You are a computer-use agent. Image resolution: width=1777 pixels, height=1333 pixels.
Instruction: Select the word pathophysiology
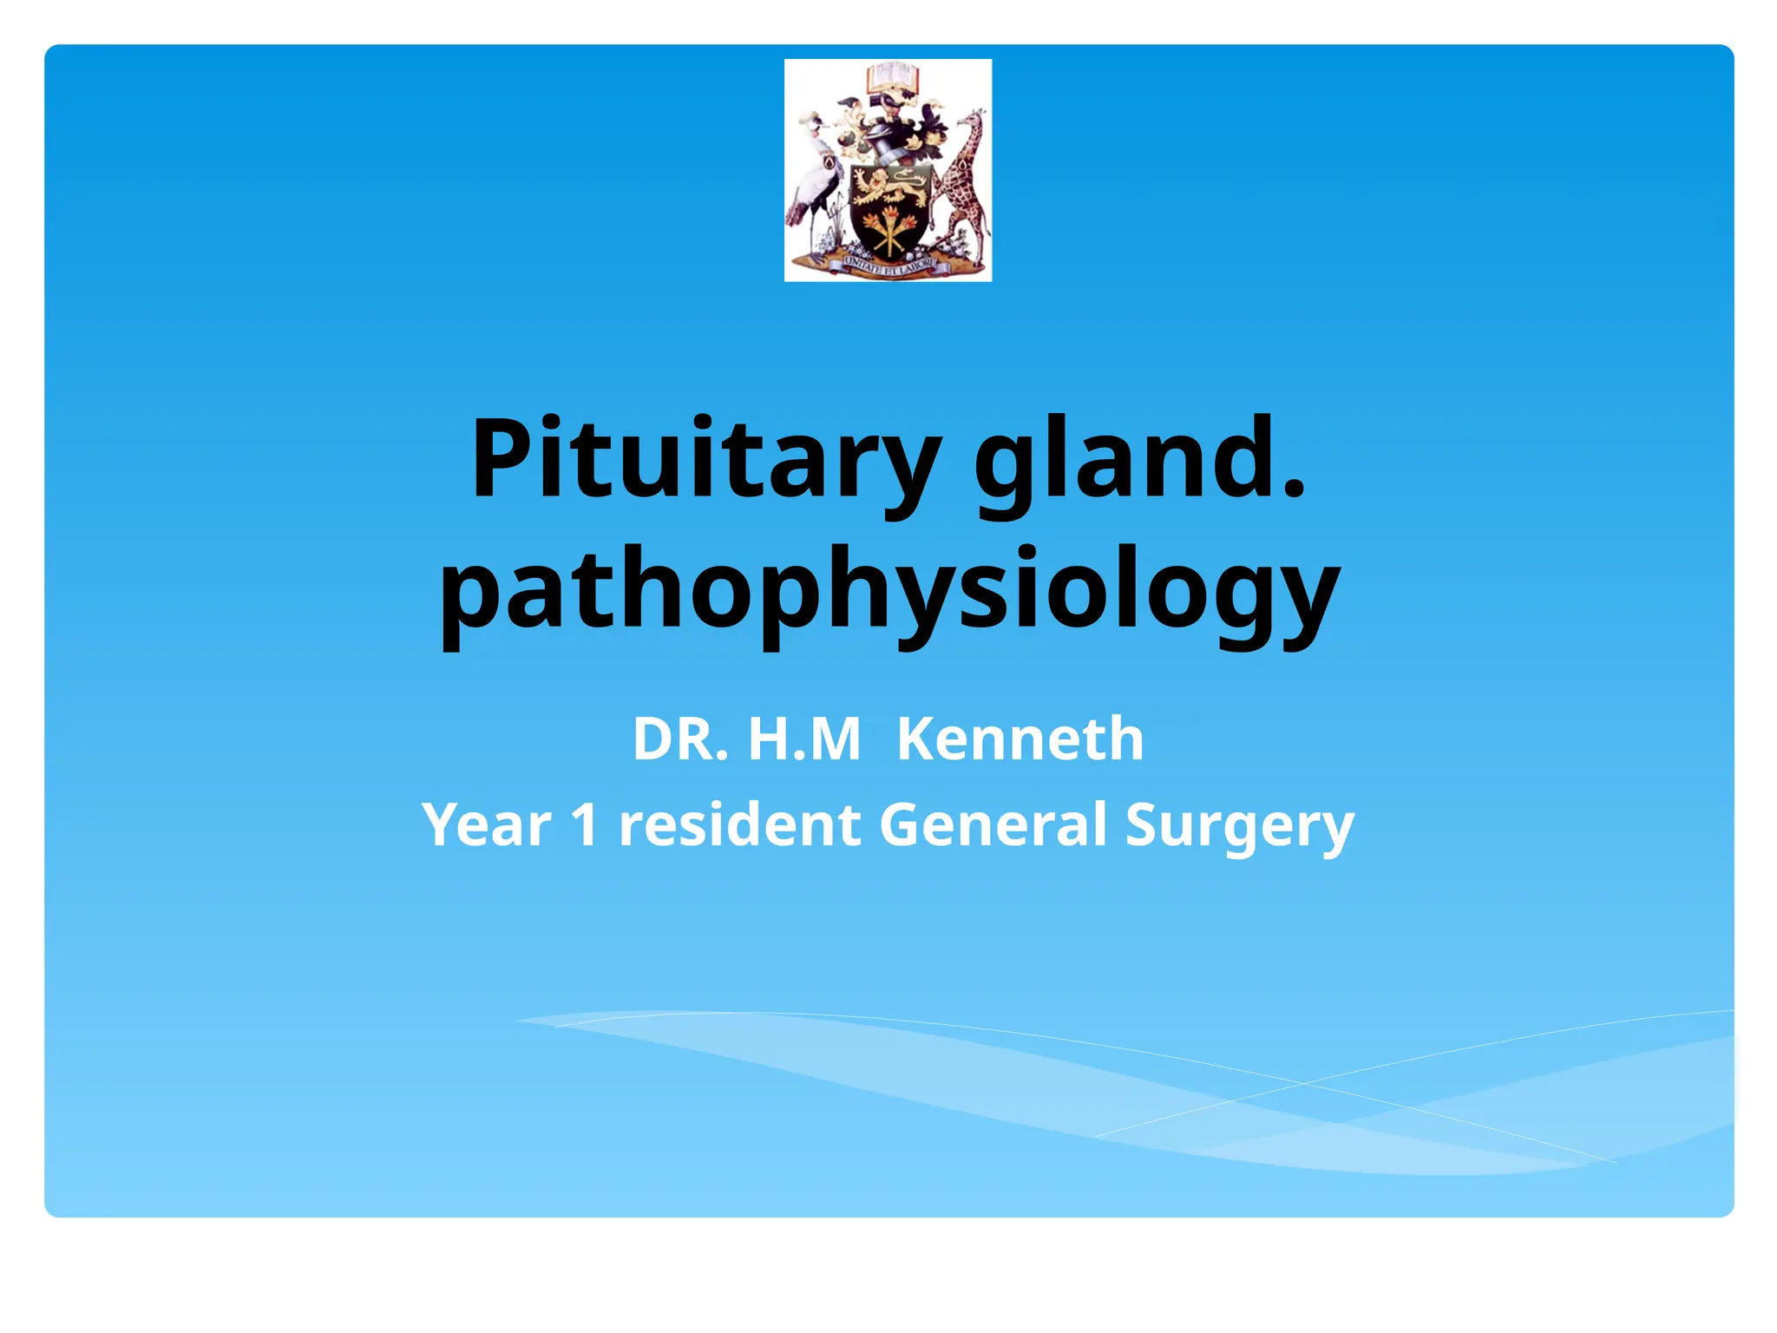click(888, 590)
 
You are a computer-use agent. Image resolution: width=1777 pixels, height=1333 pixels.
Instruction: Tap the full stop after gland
click(1293, 491)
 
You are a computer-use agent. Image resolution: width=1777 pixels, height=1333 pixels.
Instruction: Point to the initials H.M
click(803, 739)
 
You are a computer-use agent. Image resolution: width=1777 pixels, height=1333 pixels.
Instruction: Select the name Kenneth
click(1020, 739)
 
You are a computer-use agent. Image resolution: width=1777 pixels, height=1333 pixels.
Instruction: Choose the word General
click(993, 824)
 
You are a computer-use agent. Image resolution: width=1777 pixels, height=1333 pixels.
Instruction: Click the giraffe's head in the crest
click(975, 119)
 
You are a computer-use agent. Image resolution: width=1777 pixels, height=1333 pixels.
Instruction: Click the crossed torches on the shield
click(888, 231)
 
